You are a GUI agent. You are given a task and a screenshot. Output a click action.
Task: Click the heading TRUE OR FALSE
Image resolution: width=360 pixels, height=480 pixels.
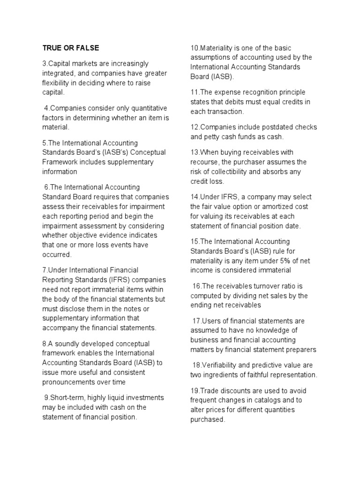71,48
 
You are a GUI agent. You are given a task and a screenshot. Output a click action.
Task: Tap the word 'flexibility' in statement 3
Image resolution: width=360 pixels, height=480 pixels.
58,83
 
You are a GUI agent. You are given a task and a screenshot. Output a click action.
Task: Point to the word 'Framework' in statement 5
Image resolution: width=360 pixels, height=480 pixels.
59,162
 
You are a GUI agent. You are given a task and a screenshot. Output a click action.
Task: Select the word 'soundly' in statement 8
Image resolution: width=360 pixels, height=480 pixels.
65,343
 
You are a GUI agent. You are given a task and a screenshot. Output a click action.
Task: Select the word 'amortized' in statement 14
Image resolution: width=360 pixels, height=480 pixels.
272,207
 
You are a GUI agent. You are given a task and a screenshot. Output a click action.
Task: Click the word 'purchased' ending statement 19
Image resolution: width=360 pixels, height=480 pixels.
208,420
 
